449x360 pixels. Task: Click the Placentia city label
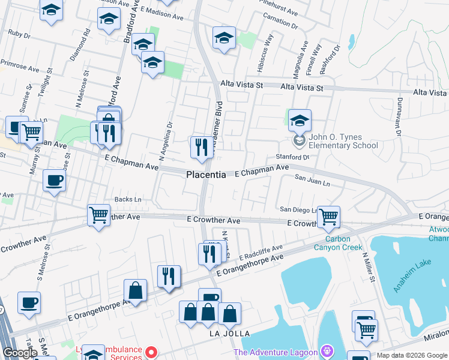pyautogui.click(x=206, y=175)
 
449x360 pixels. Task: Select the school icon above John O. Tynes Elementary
pyautogui.click(x=300, y=121)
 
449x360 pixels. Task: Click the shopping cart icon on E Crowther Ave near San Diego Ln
pyautogui.click(x=328, y=217)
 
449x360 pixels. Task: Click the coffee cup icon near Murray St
pyautogui.click(x=54, y=181)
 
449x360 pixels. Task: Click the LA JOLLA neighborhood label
pyautogui.click(x=229, y=334)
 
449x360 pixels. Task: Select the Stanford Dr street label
pyautogui.click(x=292, y=157)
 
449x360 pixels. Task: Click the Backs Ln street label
pyautogui.click(x=128, y=199)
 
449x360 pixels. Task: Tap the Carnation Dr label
pyautogui.click(x=280, y=22)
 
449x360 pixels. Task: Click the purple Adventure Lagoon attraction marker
pyautogui.click(x=327, y=350)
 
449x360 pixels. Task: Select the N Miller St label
pyautogui.click(x=368, y=268)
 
